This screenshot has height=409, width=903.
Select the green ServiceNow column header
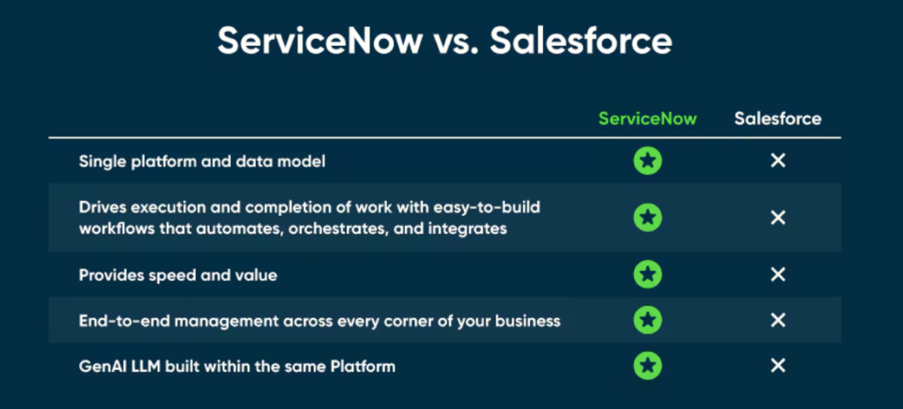point(647,119)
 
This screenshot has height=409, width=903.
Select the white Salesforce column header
point(778,119)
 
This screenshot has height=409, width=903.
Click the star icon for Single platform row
point(647,161)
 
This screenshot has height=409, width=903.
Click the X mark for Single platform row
point(778,161)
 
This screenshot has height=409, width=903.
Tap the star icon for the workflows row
point(647,217)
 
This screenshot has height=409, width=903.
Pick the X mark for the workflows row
point(778,217)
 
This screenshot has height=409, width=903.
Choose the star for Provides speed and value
point(647,275)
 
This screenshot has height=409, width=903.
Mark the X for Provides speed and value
point(778,275)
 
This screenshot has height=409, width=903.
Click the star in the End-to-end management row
point(647,320)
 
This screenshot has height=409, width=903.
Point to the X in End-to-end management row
point(778,320)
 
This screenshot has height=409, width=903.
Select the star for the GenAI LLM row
point(647,365)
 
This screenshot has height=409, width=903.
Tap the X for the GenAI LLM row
point(778,365)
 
